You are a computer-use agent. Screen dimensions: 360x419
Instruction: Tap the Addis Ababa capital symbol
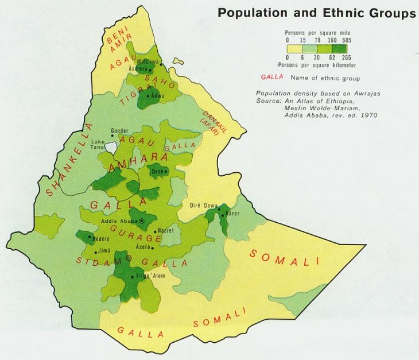[142, 221]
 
